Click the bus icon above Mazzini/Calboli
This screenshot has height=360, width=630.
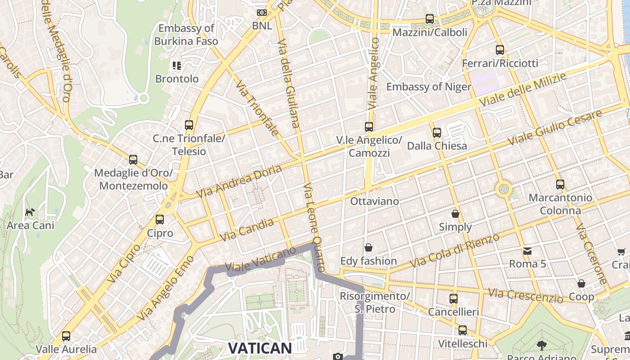[430, 19]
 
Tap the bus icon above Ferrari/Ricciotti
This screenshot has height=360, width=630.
[500, 49]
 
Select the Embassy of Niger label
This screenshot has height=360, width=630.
[428, 87]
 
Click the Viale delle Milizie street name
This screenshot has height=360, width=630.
[522, 90]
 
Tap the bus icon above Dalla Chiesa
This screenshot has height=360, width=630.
[437, 133]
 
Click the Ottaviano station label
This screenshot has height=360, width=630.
[374, 201]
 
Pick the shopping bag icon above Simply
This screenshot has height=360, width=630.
[455, 213]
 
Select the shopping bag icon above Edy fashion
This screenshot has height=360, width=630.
[369, 247]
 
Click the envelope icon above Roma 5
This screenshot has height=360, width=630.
[527, 251]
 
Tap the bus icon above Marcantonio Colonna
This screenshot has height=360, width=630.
[560, 184]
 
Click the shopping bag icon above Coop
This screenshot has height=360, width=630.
[581, 283]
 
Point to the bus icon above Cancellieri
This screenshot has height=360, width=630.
[453, 299]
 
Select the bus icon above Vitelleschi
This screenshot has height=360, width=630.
[463, 330]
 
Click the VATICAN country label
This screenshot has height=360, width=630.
[260, 348]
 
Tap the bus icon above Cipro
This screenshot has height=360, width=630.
[160, 220]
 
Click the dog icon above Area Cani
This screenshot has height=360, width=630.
[30, 211]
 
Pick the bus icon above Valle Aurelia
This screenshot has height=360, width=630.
[66, 336]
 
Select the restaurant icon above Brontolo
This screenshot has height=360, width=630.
[177, 66]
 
